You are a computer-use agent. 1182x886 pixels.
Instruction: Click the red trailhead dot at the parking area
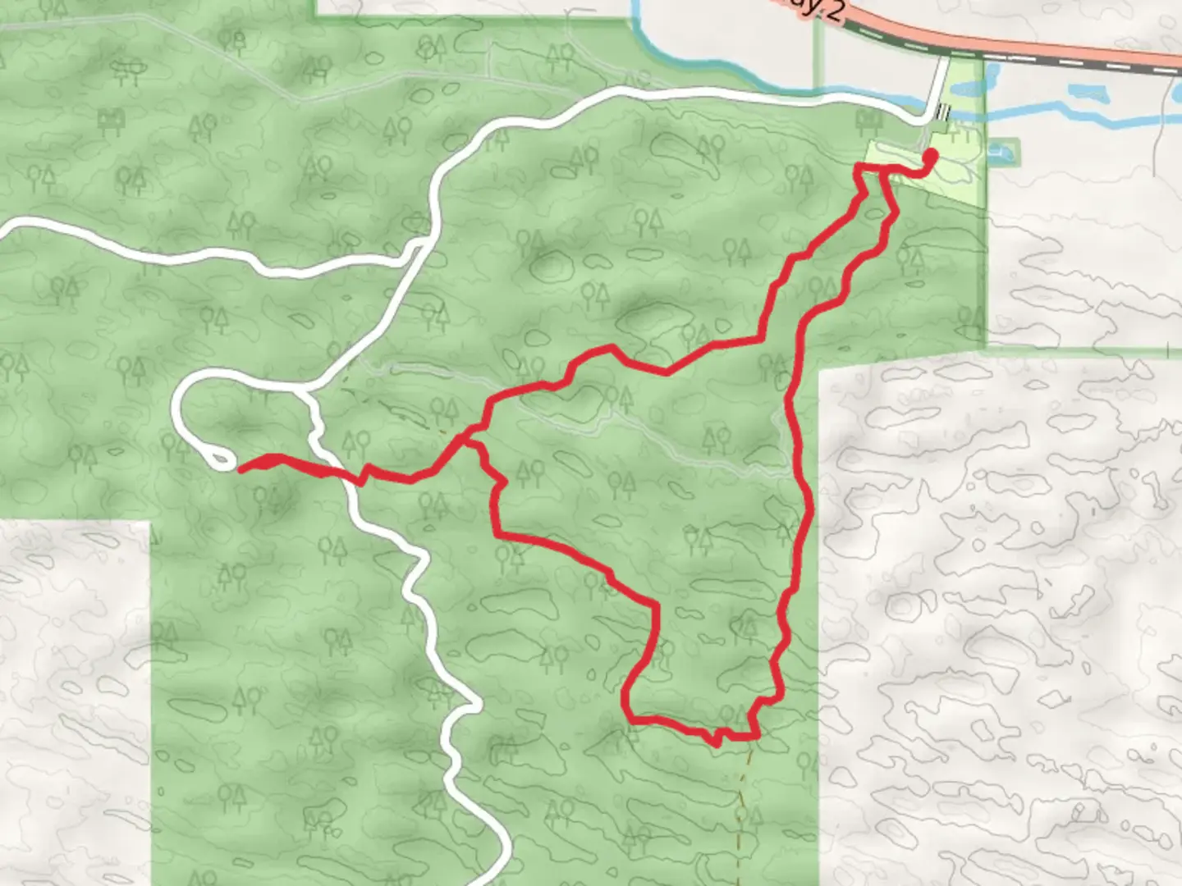click(x=931, y=154)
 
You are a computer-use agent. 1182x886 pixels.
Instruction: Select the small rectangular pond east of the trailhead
click(x=1001, y=151)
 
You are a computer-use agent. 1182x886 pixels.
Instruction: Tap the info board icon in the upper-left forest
click(x=110, y=121)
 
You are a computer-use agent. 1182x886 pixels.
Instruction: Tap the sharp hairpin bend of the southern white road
click(x=470, y=706)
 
